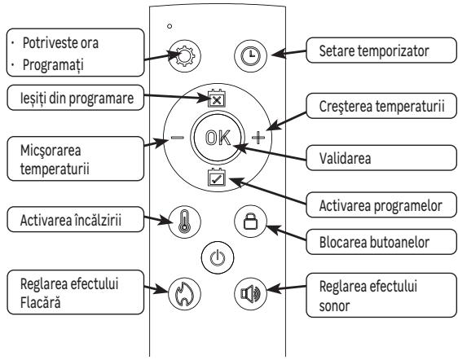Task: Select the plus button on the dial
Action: point(259,138)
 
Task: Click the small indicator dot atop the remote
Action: point(169,24)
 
